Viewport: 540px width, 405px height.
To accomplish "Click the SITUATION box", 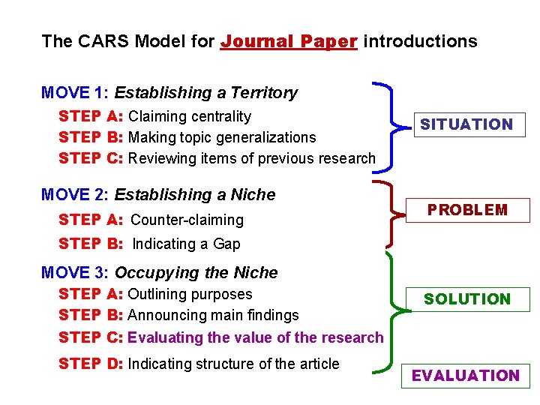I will coord(466,124).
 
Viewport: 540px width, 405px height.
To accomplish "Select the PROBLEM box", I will coord(467,210).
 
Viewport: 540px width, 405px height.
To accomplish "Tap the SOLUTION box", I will coord(466,299).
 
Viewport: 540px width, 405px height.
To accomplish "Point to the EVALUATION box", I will coord(466,376).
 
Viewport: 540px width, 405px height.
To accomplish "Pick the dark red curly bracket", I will coord(391,214).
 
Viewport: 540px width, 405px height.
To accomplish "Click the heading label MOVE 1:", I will coord(75,93).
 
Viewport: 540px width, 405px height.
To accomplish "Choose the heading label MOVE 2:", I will coord(75,195).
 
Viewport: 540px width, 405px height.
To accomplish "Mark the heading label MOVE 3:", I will coord(75,272).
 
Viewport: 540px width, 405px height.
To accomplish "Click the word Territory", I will coord(264,93).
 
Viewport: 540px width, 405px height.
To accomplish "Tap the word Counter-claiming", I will coord(187,220).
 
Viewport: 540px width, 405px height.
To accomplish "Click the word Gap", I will coord(226,244).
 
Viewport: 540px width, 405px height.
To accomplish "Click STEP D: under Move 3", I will coord(91,364).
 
